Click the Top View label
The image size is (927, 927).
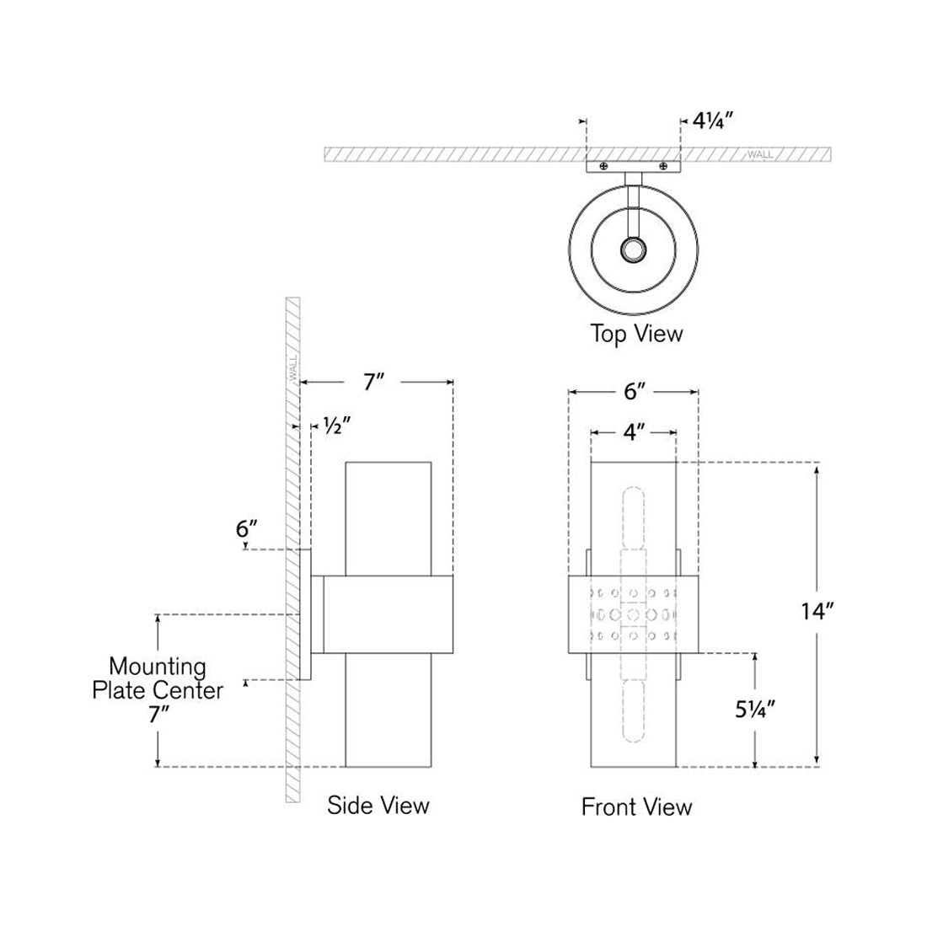pyautogui.click(x=636, y=334)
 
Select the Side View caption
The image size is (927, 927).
pyautogui.click(x=378, y=805)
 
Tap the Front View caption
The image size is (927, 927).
pyautogui.click(x=636, y=807)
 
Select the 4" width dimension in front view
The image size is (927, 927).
pyautogui.click(x=633, y=432)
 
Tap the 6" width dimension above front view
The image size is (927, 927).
pyautogui.click(x=634, y=391)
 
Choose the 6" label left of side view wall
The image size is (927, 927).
pyautogui.click(x=245, y=529)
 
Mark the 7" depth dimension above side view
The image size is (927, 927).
pyautogui.click(x=373, y=382)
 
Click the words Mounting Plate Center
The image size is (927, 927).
pyautogui.click(x=158, y=678)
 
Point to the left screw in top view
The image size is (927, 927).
pyautogui.click(x=603, y=168)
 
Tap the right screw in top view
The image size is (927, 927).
pyautogui.click(x=664, y=168)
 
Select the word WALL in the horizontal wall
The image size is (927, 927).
pyautogui.click(x=759, y=155)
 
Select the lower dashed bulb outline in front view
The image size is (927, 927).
pyautogui.click(x=633, y=708)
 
